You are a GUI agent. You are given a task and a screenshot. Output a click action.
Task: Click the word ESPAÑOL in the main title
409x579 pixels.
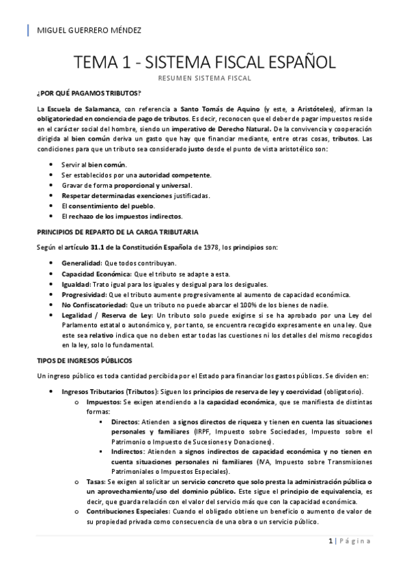tap(294, 63)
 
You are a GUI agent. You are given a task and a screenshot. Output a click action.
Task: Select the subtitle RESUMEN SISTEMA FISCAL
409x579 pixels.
tap(205, 79)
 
